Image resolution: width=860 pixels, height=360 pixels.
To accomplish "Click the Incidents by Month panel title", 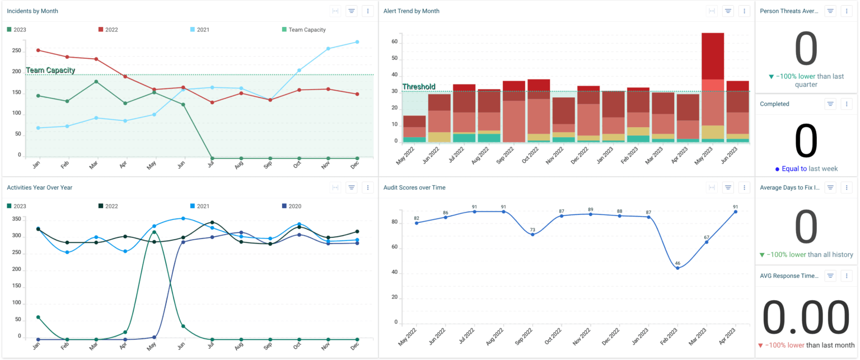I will [x=32, y=11].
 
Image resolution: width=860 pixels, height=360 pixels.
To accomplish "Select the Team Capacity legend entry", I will [x=307, y=30].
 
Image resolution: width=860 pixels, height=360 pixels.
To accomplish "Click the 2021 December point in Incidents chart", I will [x=357, y=42].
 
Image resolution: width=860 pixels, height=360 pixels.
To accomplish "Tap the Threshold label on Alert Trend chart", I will [x=418, y=87].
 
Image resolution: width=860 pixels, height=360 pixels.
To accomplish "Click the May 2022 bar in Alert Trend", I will [x=414, y=129].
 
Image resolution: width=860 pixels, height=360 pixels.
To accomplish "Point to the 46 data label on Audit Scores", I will [x=677, y=263].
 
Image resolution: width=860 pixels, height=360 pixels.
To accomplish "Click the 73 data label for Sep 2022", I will [x=532, y=230].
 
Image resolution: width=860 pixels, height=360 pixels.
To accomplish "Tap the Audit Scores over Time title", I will [x=414, y=188].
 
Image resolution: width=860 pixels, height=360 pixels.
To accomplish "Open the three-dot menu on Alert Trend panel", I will [x=744, y=11].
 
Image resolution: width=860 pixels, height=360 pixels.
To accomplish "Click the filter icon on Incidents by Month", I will [x=352, y=11].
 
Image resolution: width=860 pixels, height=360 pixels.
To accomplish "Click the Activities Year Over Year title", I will [x=39, y=188].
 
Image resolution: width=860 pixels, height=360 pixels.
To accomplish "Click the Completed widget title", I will [x=775, y=104].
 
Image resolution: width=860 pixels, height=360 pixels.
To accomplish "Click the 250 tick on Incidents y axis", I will [x=16, y=50].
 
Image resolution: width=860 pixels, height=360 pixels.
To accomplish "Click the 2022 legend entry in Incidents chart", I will [x=111, y=30].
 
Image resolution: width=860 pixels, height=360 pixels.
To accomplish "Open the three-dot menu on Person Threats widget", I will [x=847, y=11].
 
